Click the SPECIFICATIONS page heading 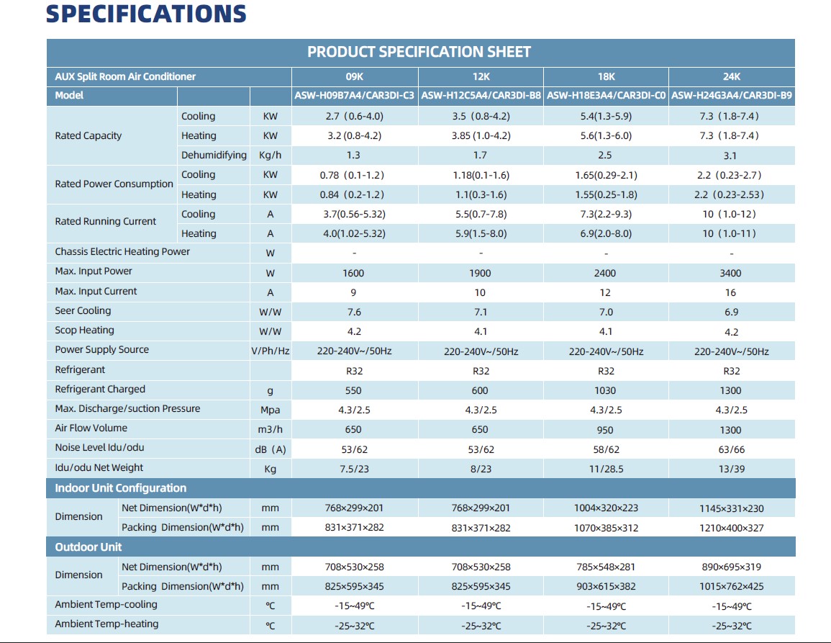(x=146, y=14)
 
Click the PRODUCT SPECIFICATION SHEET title (x=419, y=52)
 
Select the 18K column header (x=606, y=76)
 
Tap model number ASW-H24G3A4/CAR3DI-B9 (x=732, y=96)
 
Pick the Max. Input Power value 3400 (x=731, y=273)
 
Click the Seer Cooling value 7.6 (x=354, y=312)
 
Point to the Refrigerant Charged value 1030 (x=605, y=390)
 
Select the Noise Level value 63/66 (x=731, y=449)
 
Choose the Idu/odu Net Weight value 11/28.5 (x=606, y=469)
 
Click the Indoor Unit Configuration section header (x=121, y=488)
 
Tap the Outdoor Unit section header (x=88, y=547)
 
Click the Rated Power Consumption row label (x=114, y=184)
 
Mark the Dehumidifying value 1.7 (x=480, y=156)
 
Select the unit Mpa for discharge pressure (x=271, y=410)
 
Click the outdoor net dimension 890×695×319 (x=731, y=567)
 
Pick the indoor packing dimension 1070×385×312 (x=605, y=528)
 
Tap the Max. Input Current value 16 (x=731, y=292)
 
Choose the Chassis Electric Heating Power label (x=122, y=252)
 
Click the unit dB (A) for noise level (x=271, y=449)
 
